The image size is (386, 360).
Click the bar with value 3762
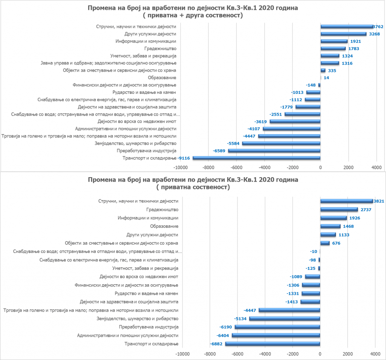coord(347,27)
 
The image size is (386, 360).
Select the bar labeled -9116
coord(256,158)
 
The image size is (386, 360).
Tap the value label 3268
coord(374,34)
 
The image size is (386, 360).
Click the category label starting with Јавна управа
coord(109,63)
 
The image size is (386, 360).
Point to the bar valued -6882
coord(273,344)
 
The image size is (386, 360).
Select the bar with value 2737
coord(339,210)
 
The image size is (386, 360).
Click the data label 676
coord(336,243)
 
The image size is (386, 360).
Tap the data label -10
coord(313,252)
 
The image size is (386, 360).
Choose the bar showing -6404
coord(276,335)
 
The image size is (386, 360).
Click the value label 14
coord(326,78)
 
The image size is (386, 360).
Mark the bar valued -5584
coord(281,144)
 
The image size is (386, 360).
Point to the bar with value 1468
coord(330,226)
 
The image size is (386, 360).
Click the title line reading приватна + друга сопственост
coord(193,15)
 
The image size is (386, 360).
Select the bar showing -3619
coord(295,122)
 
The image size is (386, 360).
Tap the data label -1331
coord(293,294)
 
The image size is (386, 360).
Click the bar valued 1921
coord(334,41)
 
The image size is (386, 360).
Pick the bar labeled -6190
coord(277,327)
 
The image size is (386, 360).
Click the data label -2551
coord(276,114)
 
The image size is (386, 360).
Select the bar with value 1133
coord(328,235)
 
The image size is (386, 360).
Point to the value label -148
coord(311,85)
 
